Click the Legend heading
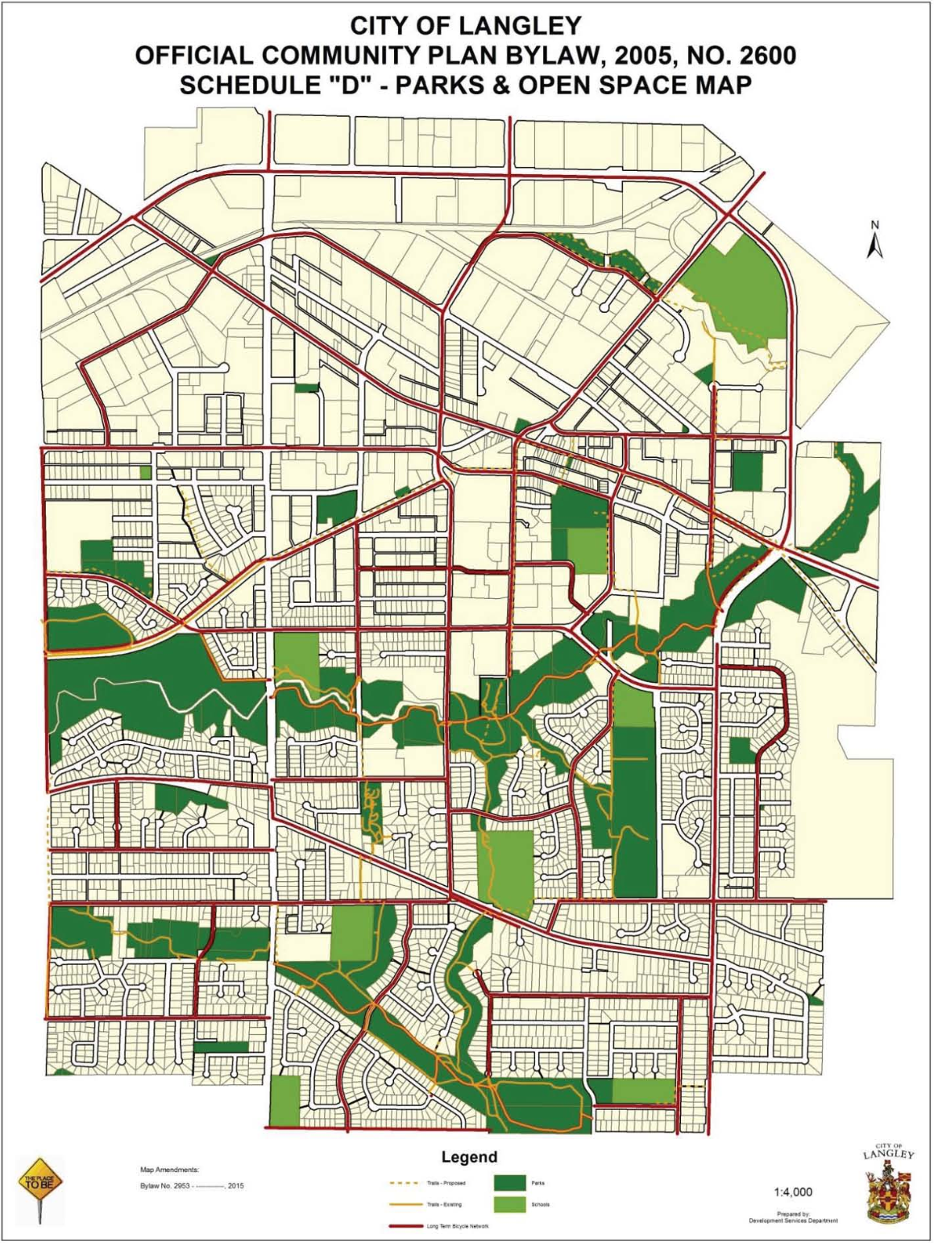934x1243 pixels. coord(469,1157)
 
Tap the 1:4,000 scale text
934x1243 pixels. coord(793,1192)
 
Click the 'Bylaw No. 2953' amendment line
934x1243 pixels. coord(192,1186)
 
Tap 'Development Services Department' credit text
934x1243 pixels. coord(793,1220)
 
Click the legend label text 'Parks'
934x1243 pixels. coord(538,1183)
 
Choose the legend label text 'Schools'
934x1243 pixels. coord(540,1204)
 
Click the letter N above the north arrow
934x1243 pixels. coord(875,225)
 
